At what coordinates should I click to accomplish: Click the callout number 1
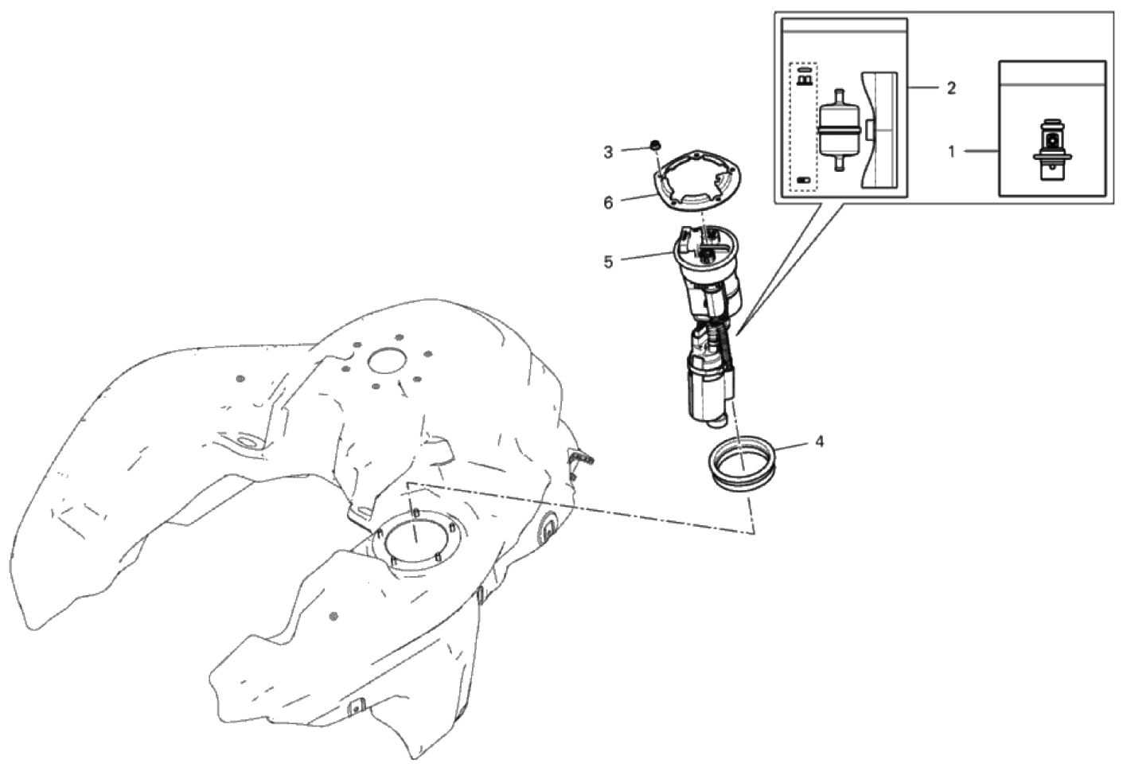[x=952, y=151]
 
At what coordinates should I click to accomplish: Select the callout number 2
[x=951, y=88]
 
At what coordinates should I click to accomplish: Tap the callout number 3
[x=608, y=152]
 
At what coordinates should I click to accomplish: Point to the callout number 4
[x=819, y=442]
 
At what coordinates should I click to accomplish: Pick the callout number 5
[x=608, y=262]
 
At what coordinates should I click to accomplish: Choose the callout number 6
[x=608, y=203]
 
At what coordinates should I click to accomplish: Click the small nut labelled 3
[x=655, y=146]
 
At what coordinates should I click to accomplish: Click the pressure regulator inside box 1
[x=1052, y=150]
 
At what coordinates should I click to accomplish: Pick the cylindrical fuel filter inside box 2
[x=839, y=130]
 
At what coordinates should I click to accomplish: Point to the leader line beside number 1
[x=981, y=151]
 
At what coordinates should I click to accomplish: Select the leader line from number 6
[x=638, y=197]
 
